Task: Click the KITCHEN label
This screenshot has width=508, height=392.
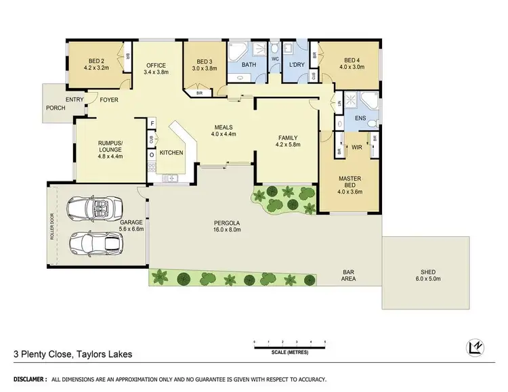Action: coord(171,153)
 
